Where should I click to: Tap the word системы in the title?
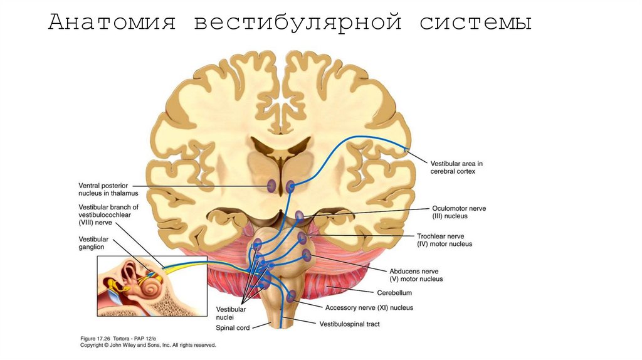tap(476, 23)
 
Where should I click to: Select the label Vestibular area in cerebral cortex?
tap(456, 167)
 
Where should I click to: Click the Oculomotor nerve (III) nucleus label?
tap(458, 212)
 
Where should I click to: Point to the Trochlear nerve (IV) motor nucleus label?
tap(445, 240)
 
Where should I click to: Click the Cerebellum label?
tap(394, 292)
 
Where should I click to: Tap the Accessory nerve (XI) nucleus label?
tap(369, 308)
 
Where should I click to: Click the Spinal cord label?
tap(233, 327)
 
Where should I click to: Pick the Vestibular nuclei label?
tap(231, 314)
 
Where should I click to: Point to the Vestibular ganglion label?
tap(94, 243)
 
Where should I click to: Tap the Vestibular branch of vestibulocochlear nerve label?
tap(108, 214)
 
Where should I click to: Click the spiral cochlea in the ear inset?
tap(151, 288)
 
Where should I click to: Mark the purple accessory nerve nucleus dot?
tap(291, 295)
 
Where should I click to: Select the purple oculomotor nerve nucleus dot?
tap(300, 216)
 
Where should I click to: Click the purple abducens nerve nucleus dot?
tap(307, 255)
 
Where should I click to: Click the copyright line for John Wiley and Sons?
tap(148, 345)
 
